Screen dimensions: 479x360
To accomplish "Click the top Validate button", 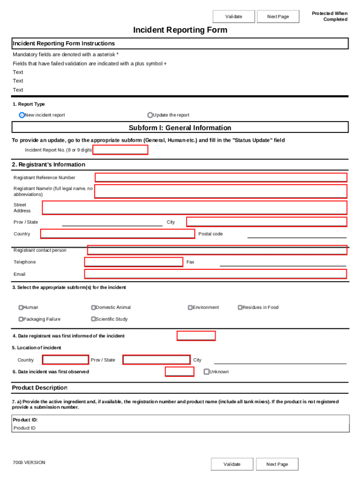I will click(234, 17).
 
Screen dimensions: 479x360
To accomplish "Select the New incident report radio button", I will click(22, 115).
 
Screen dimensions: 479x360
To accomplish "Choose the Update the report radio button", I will click(150, 115).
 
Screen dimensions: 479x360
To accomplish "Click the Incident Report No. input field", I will click(121, 150).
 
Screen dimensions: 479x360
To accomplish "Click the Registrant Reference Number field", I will click(221, 177).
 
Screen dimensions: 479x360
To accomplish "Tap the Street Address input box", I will click(194, 208).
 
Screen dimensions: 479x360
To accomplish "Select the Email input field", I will click(216, 274).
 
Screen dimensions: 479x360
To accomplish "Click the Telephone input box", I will click(134, 262).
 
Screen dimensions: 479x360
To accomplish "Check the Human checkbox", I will click(21, 307).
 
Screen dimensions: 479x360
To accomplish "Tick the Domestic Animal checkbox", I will click(94, 307).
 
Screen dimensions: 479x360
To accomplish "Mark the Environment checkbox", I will click(190, 307).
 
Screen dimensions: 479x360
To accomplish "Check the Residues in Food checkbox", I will click(240, 307).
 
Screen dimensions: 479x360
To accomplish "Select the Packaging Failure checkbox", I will click(21, 319).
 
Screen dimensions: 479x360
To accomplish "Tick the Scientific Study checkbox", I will click(94, 319).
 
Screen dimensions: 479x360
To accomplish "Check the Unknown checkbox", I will click(207, 372).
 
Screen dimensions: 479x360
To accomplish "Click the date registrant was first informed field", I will click(196, 336).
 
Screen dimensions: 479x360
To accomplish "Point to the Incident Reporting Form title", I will click(180, 30).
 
